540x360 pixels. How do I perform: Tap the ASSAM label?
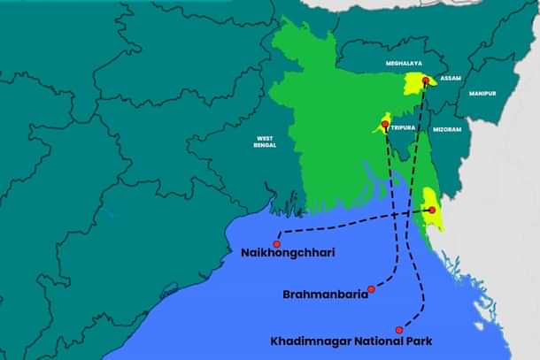[x=451, y=78]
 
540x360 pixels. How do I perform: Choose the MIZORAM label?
[x=447, y=130]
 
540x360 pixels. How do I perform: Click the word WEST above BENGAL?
[x=265, y=138]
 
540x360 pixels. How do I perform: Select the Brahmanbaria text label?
[x=325, y=294]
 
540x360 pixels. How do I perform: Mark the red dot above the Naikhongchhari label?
[x=277, y=243]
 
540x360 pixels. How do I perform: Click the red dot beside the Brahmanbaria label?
[x=371, y=289]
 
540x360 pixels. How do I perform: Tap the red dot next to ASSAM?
[x=426, y=81]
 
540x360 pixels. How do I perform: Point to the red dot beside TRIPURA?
[x=385, y=126]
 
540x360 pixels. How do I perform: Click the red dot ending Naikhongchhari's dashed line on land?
[x=431, y=210]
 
